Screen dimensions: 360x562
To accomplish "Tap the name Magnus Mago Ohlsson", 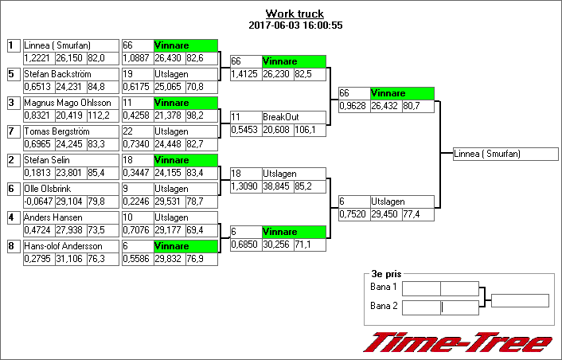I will click(x=67, y=103).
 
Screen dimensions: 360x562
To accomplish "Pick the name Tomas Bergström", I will click(x=57, y=131).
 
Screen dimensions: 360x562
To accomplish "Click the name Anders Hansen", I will click(x=53, y=217).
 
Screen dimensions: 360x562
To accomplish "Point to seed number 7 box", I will click(x=12, y=131).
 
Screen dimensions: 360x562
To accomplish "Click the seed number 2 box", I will click(x=12, y=160).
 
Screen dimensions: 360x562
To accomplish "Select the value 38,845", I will click(x=278, y=186).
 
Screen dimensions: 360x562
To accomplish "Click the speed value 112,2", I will click(x=99, y=115).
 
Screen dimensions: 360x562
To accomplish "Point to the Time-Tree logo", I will click(x=457, y=342).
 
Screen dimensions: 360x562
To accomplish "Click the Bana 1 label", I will click(x=384, y=287).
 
